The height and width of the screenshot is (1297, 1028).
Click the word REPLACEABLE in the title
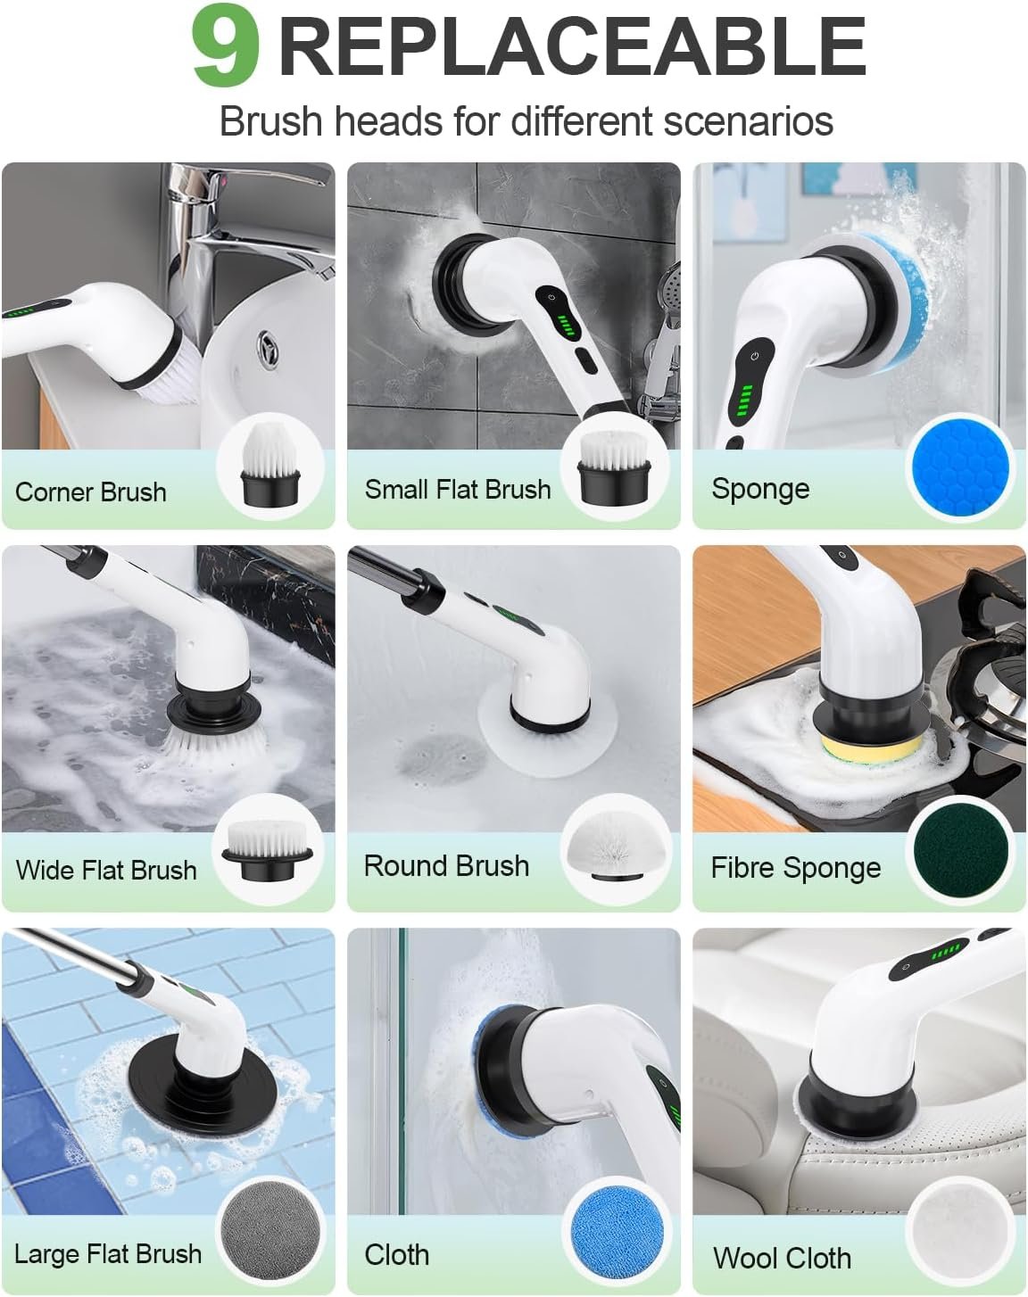coord(572,46)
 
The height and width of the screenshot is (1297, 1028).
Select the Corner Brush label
coord(91,492)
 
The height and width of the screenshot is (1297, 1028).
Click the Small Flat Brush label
coord(458,489)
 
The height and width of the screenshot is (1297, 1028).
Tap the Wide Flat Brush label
coord(106,870)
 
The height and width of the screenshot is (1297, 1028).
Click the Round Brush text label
coord(446,865)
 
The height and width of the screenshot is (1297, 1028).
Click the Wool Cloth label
coord(782,1258)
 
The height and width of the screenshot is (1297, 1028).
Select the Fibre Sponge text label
coord(795,868)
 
